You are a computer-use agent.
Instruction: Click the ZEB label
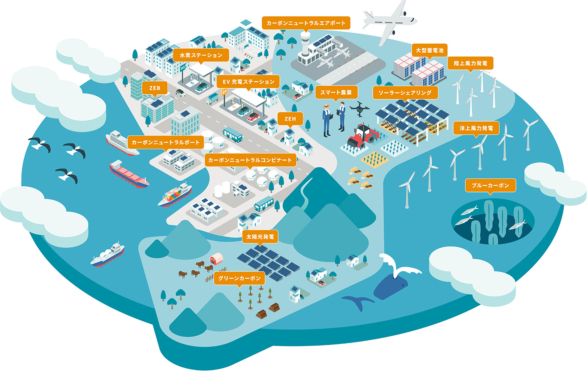pos(155,88)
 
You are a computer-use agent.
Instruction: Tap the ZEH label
pos(290,119)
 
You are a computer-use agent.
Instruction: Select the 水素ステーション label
pos(201,55)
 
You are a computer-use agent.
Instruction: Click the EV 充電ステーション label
pos(248,82)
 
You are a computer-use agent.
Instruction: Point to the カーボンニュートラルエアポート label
pos(306,23)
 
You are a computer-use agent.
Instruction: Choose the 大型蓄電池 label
pos(430,50)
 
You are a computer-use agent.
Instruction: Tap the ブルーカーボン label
pos(490,185)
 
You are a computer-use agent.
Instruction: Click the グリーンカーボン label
pos(239,278)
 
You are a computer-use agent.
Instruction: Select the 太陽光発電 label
pos(260,237)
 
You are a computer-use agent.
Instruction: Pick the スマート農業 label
pos(336,92)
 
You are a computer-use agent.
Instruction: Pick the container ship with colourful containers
pos(175,195)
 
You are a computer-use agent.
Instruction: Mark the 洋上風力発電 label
pos(476,128)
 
